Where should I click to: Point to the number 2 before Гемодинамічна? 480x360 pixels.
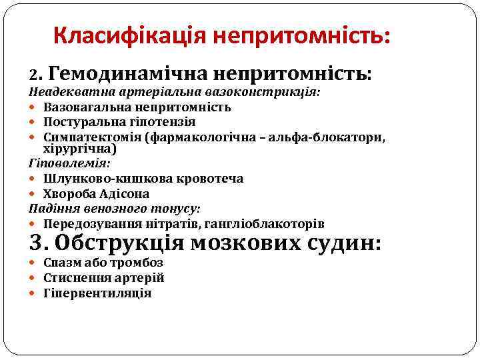(x=33, y=73)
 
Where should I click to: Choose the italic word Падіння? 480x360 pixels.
(x=53, y=209)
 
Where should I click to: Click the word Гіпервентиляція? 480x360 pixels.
(x=97, y=293)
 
